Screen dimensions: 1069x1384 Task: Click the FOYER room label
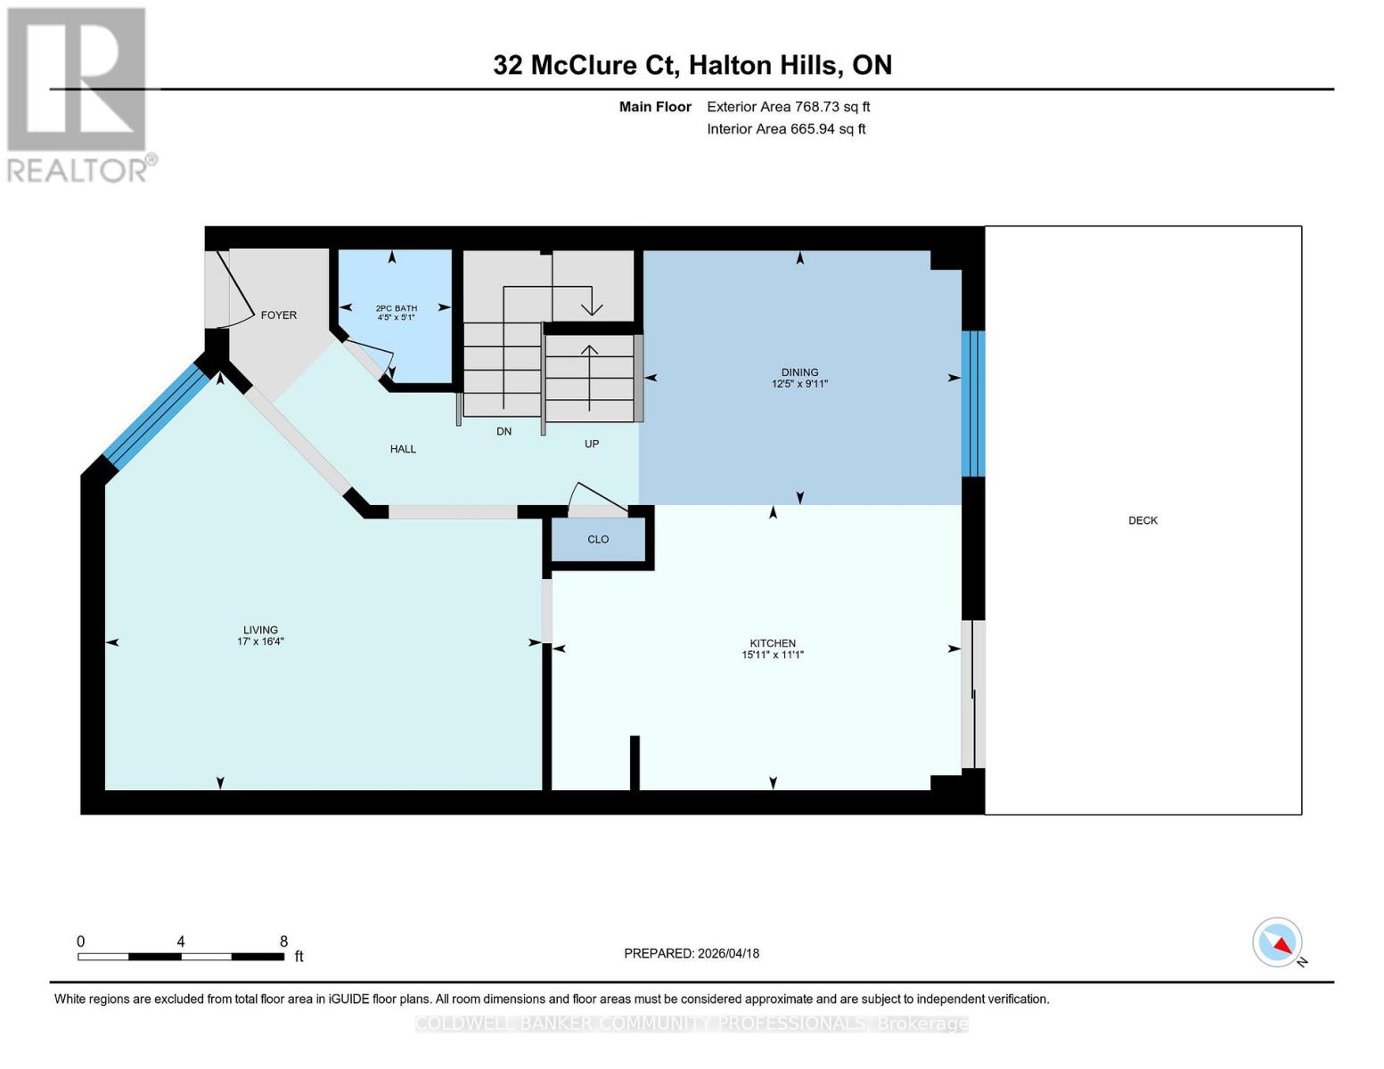[x=278, y=315]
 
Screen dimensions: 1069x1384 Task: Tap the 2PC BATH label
[x=396, y=308]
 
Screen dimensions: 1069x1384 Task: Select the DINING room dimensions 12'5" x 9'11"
[x=799, y=384]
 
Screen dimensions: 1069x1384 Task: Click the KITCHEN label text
[x=772, y=643]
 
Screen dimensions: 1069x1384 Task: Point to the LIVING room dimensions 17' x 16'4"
[x=260, y=641]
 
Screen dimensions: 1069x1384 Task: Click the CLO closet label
[x=598, y=540]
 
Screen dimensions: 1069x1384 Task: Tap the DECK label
[x=1142, y=520]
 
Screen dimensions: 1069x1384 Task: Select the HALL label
[x=403, y=449]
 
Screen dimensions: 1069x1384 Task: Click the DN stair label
[x=504, y=431]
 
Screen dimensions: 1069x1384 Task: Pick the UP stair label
[x=592, y=444]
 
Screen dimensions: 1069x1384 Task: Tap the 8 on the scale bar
[x=283, y=942]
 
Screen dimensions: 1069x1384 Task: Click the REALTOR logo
[x=78, y=94]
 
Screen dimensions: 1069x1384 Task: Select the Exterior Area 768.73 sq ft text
[x=788, y=107]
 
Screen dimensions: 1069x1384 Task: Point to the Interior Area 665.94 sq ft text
[x=786, y=129]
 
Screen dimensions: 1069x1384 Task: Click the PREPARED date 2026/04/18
[x=692, y=953]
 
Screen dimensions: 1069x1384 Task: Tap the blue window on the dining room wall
[x=972, y=404]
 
